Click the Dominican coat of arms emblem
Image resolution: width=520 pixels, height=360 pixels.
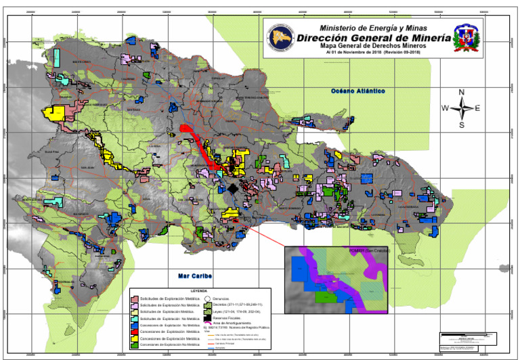(469, 39)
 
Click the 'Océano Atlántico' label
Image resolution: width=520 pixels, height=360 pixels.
(357, 90)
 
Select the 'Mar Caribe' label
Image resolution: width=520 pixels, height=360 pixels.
(192, 276)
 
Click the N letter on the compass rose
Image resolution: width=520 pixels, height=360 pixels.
(462, 91)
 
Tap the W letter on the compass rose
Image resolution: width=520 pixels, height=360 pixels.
(445, 108)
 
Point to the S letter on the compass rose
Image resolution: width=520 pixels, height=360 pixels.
(462, 125)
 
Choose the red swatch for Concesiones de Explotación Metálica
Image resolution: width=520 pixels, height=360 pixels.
(134, 332)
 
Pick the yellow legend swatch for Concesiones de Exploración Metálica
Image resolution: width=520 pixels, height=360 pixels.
(134, 338)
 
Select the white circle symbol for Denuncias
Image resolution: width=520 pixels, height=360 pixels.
(208, 298)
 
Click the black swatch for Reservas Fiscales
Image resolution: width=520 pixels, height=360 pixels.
(208, 317)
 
